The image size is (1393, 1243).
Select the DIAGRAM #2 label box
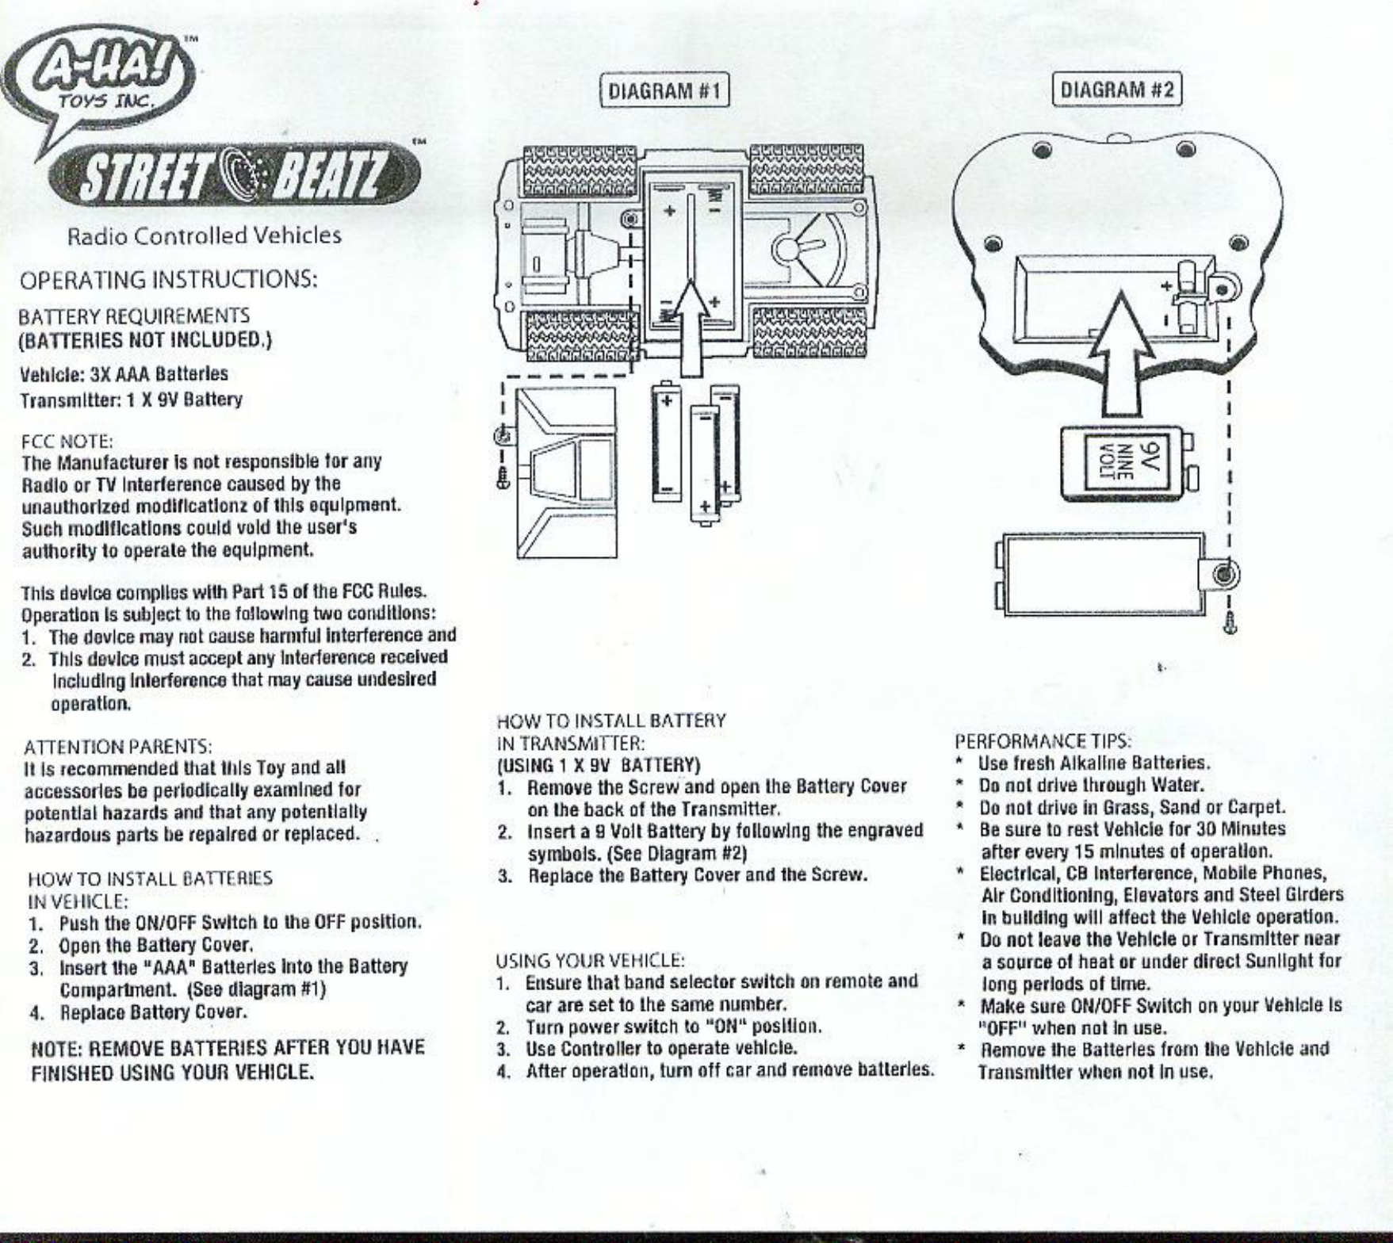point(1116,89)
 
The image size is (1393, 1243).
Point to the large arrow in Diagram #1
point(691,327)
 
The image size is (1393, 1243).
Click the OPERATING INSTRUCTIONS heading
point(168,281)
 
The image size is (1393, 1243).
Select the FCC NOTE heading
point(67,441)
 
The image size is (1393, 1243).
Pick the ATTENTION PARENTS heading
point(117,747)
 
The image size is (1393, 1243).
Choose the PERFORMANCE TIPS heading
point(1043,741)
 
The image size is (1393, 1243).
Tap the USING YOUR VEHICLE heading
point(590,961)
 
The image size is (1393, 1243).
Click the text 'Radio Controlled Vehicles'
point(205,235)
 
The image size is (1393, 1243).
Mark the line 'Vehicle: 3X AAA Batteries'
point(124,373)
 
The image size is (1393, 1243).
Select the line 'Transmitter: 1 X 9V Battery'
point(131,400)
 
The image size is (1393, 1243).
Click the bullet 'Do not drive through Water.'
point(1091,786)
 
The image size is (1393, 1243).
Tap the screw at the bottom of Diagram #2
point(1230,623)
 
